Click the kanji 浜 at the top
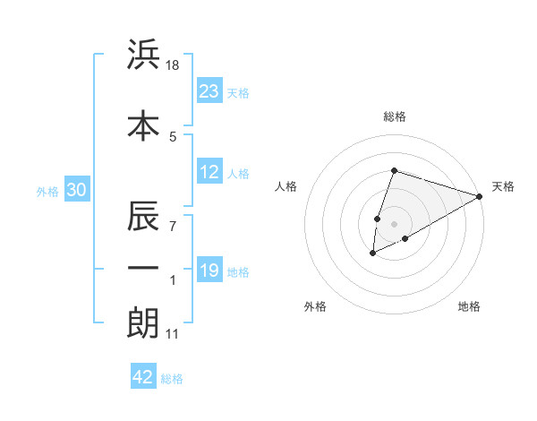[143, 56]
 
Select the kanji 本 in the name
[143, 125]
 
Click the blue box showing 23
[209, 90]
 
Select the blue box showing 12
[209, 173]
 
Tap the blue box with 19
[209, 271]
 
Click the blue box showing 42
[142, 377]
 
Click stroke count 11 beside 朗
[173, 335]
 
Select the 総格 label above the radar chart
[394, 116]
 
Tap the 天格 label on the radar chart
[503, 186]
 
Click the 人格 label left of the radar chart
[286, 186]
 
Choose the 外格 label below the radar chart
[315, 306]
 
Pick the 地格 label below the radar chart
[469, 306]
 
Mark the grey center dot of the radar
[394, 223]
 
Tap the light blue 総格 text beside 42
[172, 379]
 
